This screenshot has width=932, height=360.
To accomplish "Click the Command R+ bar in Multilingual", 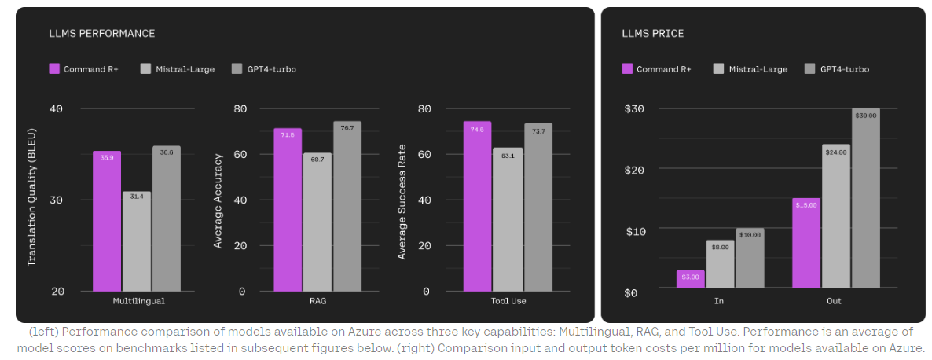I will click(x=107, y=221).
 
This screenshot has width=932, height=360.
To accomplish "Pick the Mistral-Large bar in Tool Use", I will click(x=508, y=219).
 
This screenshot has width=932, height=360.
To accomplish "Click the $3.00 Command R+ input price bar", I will click(x=690, y=281).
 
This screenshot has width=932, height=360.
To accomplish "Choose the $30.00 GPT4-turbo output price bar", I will click(x=865, y=200).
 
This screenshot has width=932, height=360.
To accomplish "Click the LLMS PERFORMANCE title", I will click(x=102, y=34).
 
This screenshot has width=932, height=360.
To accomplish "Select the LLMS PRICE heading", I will click(x=652, y=34).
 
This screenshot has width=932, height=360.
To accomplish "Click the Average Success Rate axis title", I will click(x=402, y=201).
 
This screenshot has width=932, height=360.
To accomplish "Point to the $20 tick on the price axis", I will click(x=634, y=170).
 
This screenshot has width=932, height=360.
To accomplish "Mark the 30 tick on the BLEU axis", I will click(x=56, y=200).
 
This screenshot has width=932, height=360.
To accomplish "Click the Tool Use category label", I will click(x=508, y=301).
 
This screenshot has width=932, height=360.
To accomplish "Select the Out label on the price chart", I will click(x=835, y=301).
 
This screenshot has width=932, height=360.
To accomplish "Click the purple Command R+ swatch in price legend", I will click(x=627, y=69).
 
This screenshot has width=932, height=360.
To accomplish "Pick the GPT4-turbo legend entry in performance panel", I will click(x=264, y=69).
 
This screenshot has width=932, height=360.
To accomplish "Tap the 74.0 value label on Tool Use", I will click(x=477, y=130).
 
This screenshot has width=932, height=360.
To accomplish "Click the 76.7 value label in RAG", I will click(x=347, y=128).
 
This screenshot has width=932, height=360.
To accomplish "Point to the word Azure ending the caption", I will click(x=908, y=347).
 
